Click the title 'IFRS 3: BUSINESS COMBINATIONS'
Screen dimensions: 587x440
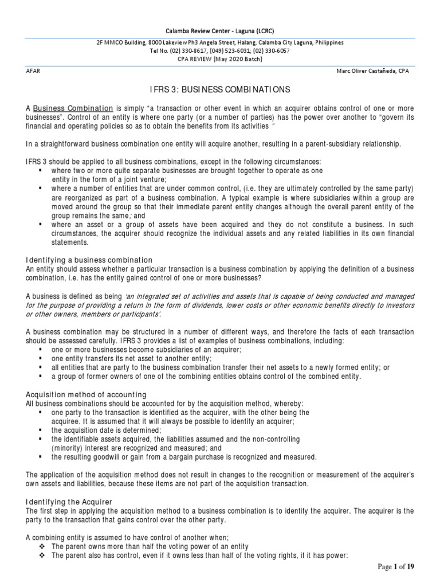220,90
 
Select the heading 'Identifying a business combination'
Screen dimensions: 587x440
89,260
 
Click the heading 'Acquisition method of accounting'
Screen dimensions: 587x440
86,395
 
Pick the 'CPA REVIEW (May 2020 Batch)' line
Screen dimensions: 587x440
220,58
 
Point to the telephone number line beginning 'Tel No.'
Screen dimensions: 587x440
220,50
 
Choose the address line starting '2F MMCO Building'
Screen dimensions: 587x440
220,43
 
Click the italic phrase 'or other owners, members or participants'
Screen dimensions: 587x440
93,315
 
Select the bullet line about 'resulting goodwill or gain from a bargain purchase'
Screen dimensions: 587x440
183,457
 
